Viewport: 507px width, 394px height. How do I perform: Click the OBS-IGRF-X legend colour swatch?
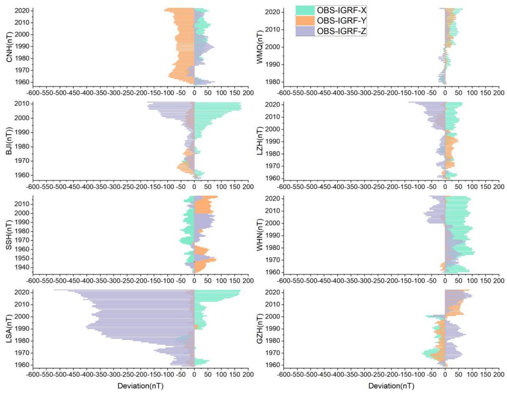coord(305,10)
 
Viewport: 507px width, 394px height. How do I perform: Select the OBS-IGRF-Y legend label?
coord(341,21)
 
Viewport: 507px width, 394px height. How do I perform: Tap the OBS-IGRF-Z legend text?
coord(341,31)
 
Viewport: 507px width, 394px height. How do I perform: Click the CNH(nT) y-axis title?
coord(9,46)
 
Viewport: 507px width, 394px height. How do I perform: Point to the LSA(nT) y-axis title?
coord(9,329)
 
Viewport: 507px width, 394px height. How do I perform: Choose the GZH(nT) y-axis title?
coord(260,329)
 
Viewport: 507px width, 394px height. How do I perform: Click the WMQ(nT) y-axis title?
coord(260,46)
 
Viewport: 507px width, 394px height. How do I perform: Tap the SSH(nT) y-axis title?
coord(9,235)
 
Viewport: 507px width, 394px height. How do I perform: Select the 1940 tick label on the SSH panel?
coord(22,267)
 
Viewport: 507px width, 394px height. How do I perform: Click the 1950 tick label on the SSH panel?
coord(22,258)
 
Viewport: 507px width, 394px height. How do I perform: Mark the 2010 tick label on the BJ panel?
coord(22,104)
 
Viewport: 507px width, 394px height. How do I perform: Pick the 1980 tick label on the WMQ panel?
coord(273,82)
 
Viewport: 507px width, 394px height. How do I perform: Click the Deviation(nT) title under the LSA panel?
coord(140,386)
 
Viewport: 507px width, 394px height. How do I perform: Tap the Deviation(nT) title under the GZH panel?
coord(391,386)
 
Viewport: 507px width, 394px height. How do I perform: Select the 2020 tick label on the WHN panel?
coord(273,199)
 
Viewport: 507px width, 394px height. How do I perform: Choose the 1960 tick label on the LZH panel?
coord(273,178)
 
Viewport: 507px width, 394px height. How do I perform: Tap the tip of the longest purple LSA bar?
coord(55,290)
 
